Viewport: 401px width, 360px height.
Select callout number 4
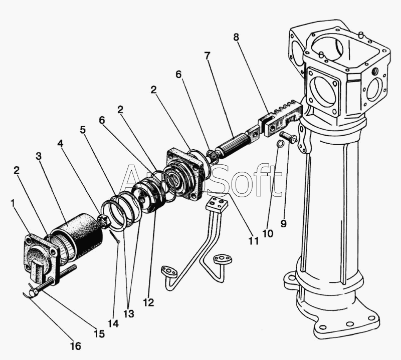(x=60, y=143)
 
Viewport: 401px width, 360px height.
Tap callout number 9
(x=283, y=224)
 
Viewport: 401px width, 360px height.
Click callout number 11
(x=254, y=241)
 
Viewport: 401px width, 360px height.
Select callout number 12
(x=148, y=302)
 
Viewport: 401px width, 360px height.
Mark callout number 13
(x=128, y=314)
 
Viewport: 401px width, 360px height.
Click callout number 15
(x=100, y=334)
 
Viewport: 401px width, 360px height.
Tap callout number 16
(x=76, y=346)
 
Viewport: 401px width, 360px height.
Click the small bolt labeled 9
(x=289, y=136)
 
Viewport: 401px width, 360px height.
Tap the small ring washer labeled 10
(x=281, y=145)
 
